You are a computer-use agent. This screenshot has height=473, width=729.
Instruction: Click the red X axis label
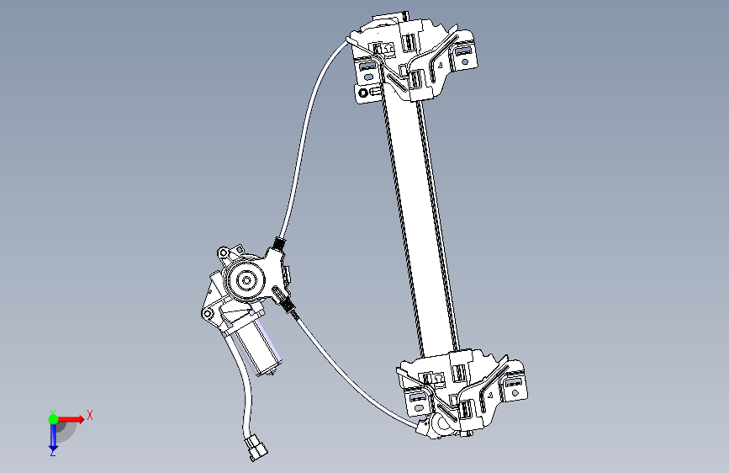coord(89,415)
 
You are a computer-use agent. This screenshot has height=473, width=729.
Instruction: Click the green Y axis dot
coord(53,417)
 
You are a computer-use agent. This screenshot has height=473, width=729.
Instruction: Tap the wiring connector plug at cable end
coord(256,449)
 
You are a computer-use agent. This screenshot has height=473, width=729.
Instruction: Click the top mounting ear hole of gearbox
coord(223,252)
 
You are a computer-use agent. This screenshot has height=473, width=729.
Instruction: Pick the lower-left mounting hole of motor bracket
coord(206,314)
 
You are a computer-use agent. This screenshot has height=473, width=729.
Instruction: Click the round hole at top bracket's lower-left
coord(363,92)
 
